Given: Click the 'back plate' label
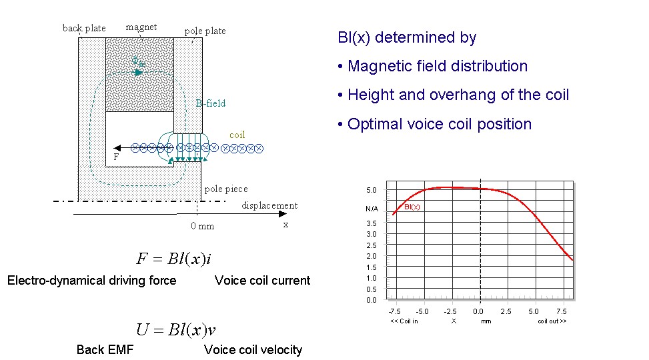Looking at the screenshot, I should tap(84, 28).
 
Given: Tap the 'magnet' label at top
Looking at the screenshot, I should tap(141, 27).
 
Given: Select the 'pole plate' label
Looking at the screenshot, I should tap(205, 31).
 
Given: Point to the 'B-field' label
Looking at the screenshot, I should tap(211, 103).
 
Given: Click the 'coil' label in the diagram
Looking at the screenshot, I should tap(237, 135).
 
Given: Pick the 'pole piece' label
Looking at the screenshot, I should tap(226, 189).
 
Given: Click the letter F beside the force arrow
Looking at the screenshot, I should tap(116, 157).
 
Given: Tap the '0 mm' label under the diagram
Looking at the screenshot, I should tap(202, 226).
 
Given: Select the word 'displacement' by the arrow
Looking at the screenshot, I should tap(269, 205).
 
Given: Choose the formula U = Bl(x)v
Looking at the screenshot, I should tap(175, 329).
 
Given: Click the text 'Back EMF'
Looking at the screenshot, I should tap(105, 350).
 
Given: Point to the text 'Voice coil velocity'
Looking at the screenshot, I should tap(253, 350).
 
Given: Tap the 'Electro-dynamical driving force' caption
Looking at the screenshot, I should tap(91, 281).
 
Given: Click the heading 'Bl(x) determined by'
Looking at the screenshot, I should tap(407, 37).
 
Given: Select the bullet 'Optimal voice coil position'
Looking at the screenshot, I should tap(435, 124).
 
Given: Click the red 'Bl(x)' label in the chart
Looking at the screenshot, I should tap(412, 207).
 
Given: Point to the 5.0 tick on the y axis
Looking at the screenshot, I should tap(372, 191).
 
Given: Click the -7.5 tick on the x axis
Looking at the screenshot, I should tap(395, 311).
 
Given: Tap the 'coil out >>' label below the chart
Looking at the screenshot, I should tap(552, 321).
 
